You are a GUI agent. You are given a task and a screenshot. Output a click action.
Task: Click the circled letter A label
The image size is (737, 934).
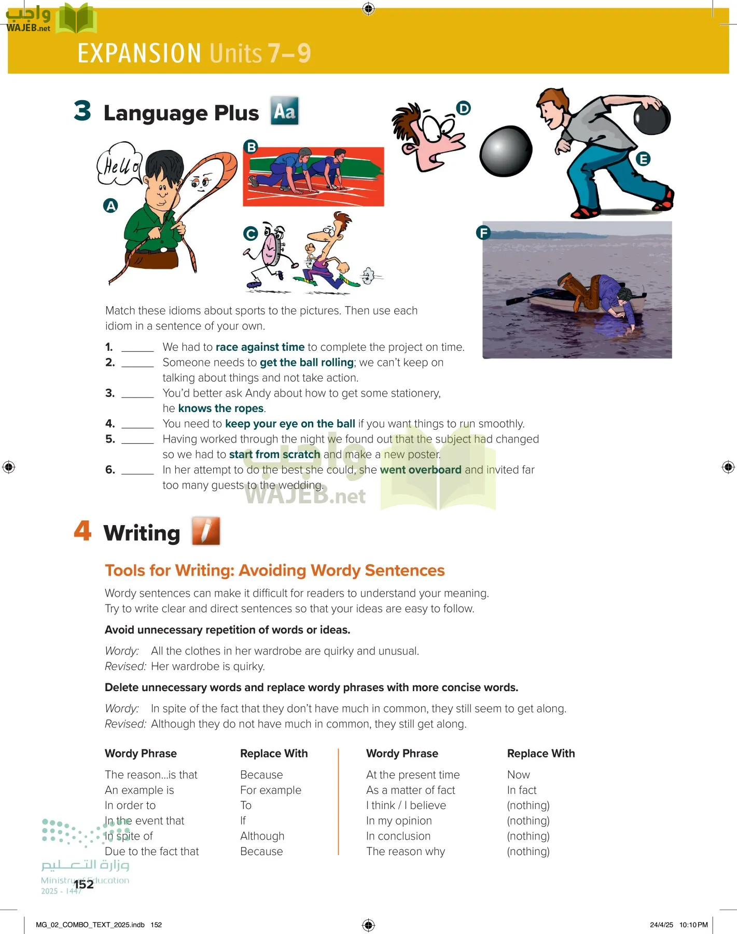click(x=110, y=206)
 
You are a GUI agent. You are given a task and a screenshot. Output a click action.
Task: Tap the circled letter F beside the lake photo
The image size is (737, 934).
click(x=483, y=232)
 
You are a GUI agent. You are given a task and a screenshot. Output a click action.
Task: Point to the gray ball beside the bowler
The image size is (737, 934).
click(x=506, y=151)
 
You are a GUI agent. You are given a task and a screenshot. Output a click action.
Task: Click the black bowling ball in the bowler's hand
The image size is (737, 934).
click(x=652, y=118)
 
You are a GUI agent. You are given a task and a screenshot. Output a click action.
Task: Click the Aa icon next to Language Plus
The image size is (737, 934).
click(x=285, y=111)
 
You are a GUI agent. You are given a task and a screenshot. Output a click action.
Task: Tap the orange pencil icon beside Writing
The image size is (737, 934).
click(x=206, y=531)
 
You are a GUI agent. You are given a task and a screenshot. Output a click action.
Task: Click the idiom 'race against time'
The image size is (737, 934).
click(x=260, y=347)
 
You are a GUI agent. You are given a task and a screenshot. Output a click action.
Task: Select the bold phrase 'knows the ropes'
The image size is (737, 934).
click(x=221, y=408)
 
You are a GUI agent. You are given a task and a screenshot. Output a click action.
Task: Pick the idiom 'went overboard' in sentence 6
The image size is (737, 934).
click(x=421, y=470)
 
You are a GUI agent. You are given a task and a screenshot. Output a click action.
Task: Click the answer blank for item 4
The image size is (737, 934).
click(x=137, y=425)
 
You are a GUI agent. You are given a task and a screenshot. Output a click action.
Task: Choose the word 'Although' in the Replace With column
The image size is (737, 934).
click(x=262, y=836)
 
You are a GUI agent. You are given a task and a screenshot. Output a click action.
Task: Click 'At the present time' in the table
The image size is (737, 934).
click(x=413, y=775)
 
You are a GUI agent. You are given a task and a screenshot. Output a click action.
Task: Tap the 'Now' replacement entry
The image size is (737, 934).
click(x=519, y=775)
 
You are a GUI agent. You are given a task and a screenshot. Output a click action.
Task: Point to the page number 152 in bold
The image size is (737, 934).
click(x=84, y=884)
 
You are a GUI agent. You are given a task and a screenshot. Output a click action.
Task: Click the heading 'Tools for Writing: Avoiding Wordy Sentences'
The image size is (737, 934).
click(x=275, y=570)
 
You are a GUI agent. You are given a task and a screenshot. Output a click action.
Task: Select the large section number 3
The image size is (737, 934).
click(x=82, y=111)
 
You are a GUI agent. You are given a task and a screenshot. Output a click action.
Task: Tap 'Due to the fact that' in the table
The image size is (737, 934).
click(x=151, y=851)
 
